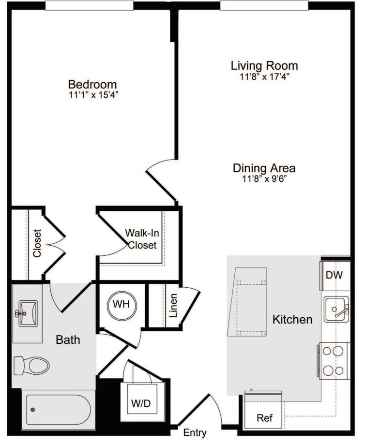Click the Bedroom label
coord(92,84)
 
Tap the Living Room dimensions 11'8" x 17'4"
coord(264,76)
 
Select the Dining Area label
coord(264,168)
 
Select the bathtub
coord(58,410)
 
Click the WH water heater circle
coord(121,306)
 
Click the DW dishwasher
coord(334,276)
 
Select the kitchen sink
coord(336,310)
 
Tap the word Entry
coord(195,433)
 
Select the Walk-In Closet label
coord(142,239)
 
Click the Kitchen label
coord(292,319)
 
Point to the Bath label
coord(68,340)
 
